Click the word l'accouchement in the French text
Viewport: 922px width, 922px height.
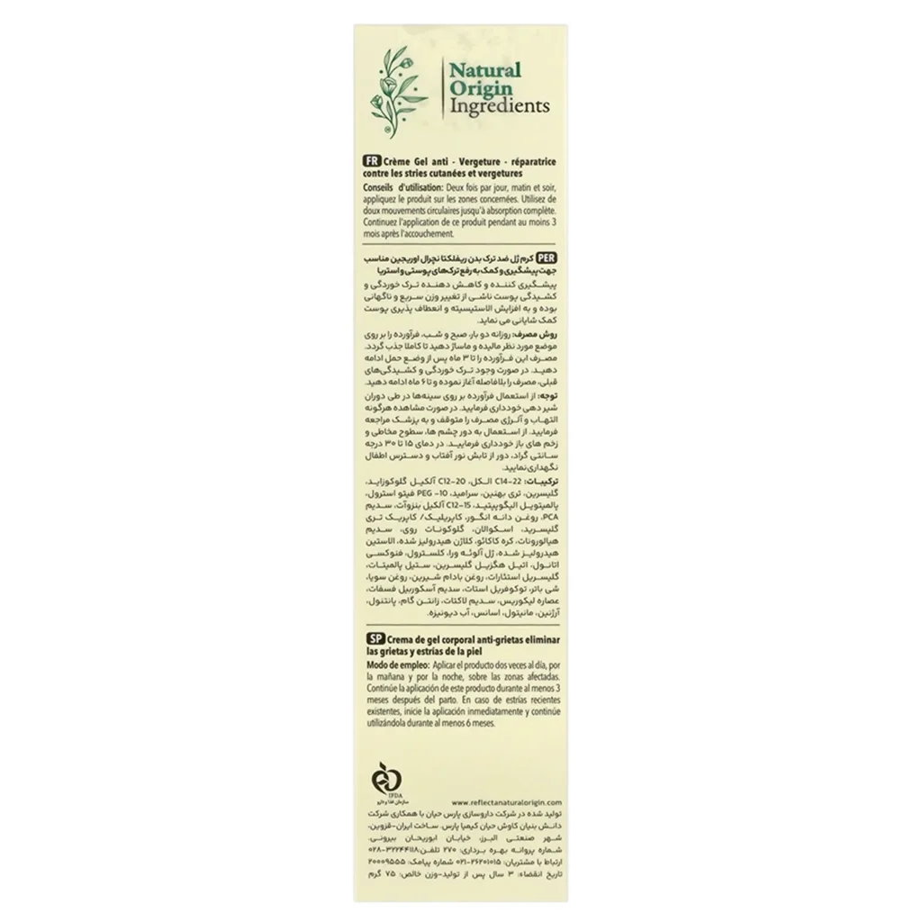point(429,232)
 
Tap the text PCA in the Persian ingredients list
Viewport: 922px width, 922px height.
point(545,518)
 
